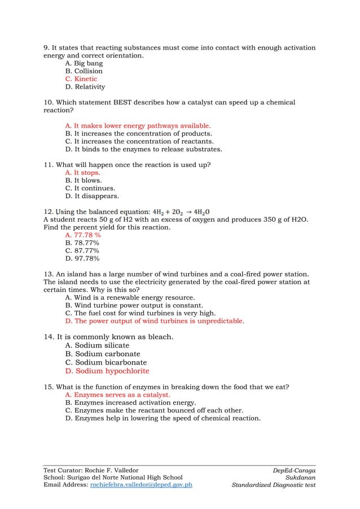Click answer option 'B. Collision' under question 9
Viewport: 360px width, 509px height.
84,71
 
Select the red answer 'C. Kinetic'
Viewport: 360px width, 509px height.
81,79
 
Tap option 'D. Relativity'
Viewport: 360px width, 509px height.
85,87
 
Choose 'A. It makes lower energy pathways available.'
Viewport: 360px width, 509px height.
138,125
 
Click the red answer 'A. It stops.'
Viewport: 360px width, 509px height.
84,173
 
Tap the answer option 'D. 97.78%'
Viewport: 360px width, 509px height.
83,258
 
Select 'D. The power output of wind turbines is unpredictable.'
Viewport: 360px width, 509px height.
155,321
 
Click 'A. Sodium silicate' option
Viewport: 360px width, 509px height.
98,345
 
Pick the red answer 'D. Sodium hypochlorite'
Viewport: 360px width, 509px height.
108,371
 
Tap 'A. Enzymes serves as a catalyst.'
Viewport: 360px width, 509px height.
118,395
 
